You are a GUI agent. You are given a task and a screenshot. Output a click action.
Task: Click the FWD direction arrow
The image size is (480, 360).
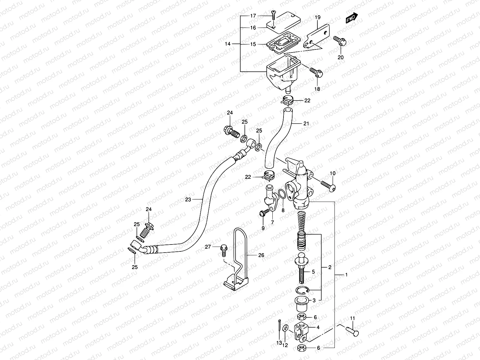(352, 18)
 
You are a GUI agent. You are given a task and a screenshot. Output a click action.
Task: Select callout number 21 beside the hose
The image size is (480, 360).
(306, 123)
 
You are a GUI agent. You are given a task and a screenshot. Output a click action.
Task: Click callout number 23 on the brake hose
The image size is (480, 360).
(188, 199)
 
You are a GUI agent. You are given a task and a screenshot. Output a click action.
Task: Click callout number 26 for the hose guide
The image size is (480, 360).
(261, 255)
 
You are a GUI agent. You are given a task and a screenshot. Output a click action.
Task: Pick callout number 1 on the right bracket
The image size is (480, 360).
(346, 275)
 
